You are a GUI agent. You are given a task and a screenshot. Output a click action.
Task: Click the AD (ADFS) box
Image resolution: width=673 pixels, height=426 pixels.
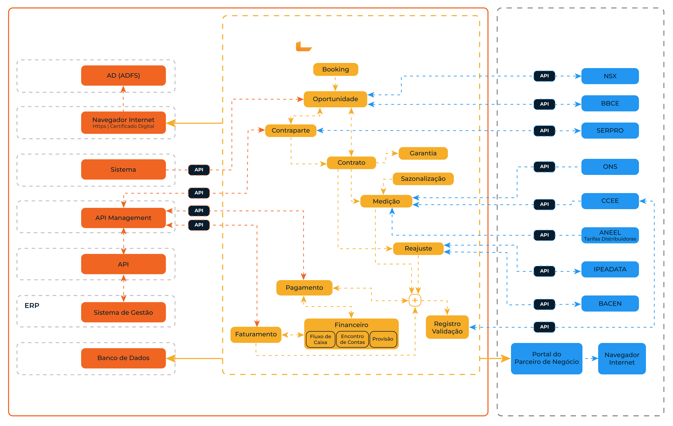coord(123,76)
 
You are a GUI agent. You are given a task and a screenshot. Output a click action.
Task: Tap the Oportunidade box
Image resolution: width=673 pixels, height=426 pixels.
coord(335,99)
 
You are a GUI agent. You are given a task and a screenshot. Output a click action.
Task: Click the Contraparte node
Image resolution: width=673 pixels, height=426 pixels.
coord(291,130)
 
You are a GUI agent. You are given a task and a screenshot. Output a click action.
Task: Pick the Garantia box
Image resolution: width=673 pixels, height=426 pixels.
coord(423,153)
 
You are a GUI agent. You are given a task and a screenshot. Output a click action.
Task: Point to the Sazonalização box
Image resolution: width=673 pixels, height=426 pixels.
coord(423,179)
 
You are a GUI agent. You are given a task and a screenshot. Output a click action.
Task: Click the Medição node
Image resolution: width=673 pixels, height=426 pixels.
coord(386,201)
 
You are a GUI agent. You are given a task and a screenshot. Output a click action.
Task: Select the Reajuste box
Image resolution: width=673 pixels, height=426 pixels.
coord(418,249)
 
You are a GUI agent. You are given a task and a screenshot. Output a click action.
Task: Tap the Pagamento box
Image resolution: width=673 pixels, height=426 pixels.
coord(304,288)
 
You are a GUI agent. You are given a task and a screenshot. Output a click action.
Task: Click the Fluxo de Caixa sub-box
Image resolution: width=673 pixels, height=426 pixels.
coord(321,339)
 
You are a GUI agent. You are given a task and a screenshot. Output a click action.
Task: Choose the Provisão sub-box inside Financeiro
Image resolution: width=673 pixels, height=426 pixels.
coord(383,339)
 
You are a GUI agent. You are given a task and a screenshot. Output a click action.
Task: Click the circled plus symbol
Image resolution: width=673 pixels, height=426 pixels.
coord(415,301)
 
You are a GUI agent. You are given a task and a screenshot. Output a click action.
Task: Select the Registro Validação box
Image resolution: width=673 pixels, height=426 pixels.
coord(447,327)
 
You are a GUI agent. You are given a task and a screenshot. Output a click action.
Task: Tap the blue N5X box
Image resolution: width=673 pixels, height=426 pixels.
coord(610,76)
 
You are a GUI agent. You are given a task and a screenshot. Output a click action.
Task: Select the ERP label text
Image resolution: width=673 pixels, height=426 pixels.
coord(32,306)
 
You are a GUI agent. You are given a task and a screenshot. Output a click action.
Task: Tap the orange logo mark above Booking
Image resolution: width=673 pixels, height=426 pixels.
coord(303,46)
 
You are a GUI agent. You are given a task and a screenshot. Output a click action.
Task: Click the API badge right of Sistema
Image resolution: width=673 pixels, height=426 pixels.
coord(199,170)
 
